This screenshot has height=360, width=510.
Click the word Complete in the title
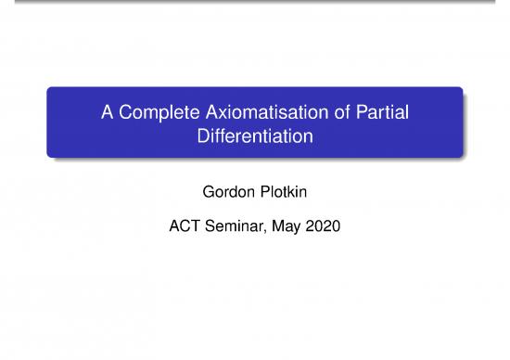point(149,114)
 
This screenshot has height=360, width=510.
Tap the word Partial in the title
point(381,114)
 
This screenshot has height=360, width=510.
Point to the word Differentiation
point(255,136)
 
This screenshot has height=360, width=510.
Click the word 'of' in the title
point(338,114)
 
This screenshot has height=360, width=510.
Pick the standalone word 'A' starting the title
point(107,114)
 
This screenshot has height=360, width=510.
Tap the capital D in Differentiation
point(205,136)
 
